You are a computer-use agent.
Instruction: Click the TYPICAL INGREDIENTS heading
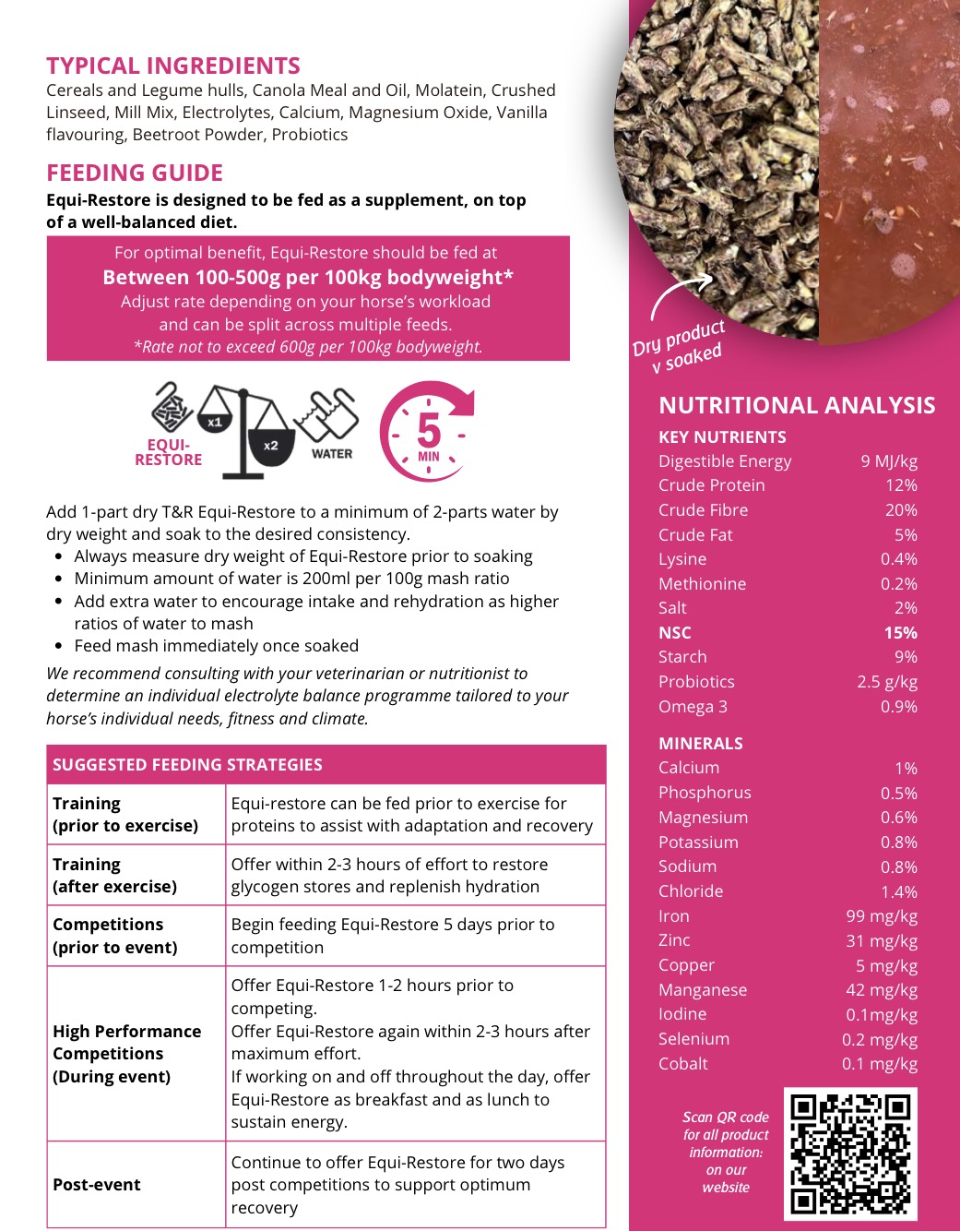[x=173, y=66]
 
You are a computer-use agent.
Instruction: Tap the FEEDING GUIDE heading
[x=135, y=173]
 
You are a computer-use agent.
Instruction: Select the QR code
[x=850, y=1153]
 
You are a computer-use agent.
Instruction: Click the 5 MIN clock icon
[x=427, y=431]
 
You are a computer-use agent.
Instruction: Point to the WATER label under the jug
[x=332, y=454]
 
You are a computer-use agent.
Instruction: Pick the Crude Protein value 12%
[x=901, y=485]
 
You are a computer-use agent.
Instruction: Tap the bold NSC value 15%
[x=900, y=633]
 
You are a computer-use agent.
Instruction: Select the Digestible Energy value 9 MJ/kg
[x=888, y=461]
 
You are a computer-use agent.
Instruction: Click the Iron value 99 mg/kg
[x=881, y=916]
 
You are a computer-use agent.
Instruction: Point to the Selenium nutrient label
[x=693, y=1039]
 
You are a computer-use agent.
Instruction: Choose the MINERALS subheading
[x=700, y=744]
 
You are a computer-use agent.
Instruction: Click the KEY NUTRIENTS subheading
[x=722, y=437]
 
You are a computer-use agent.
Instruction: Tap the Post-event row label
[x=97, y=1185]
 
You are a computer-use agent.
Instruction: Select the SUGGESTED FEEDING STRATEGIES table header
[x=187, y=765]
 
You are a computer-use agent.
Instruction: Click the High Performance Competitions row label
[x=126, y=1054]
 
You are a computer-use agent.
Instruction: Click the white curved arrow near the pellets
[x=680, y=294]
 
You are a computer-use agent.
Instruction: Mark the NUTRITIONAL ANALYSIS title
[x=797, y=406]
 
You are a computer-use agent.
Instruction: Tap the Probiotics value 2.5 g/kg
[x=886, y=682]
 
